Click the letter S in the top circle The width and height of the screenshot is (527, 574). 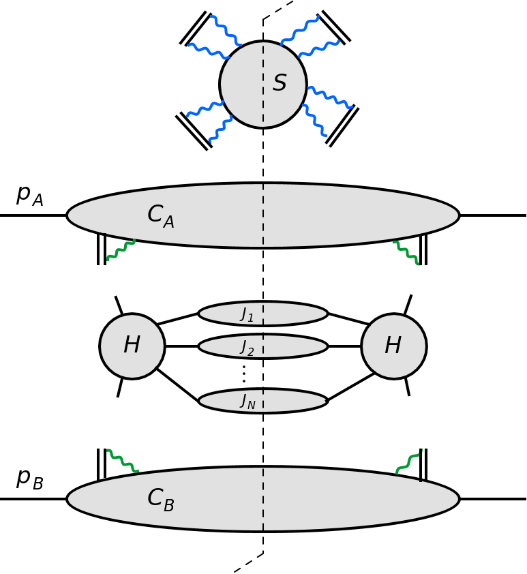point(280,84)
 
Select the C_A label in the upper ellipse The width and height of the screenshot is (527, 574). point(160,216)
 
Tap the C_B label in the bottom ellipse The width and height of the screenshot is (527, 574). point(160,500)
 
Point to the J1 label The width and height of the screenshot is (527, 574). point(246,314)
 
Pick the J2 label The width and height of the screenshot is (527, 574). point(246,348)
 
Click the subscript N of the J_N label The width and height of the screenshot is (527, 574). point(251,406)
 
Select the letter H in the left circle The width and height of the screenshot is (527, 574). point(132,346)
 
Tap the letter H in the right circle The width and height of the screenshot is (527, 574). point(393,346)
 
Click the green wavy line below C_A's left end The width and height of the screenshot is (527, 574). point(121,250)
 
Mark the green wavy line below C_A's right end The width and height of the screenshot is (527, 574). point(407,253)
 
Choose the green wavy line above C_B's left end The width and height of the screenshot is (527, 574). point(123,461)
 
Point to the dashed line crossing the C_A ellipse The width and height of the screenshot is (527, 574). point(263,215)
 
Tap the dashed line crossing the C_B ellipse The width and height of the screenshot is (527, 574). point(263,499)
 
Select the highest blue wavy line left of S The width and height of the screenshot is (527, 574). point(225,31)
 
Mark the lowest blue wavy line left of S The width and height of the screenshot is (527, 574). point(220,130)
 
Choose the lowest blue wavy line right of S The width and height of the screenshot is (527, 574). point(315,121)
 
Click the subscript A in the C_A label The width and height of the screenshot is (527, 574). point(168,222)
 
